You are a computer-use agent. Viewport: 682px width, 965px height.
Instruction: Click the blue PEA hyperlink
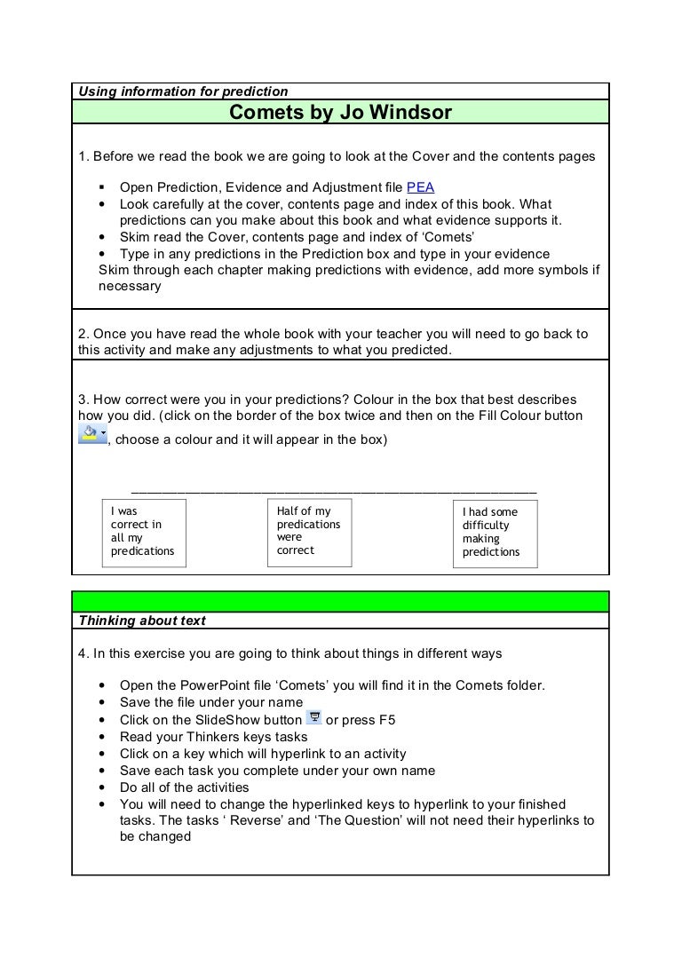(x=421, y=187)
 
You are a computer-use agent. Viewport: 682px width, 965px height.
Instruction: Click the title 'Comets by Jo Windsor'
(x=340, y=113)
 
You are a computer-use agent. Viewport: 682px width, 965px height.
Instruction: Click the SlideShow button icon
(x=313, y=718)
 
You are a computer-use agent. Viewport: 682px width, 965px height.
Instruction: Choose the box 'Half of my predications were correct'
(x=310, y=532)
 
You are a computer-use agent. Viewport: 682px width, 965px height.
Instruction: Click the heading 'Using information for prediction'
(x=184, y=91)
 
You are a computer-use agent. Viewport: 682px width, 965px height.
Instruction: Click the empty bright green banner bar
(x=340, y=602)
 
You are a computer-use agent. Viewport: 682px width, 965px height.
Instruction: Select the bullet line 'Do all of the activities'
(x=185, y=787)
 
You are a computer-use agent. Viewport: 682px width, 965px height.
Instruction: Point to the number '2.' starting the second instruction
(x=83, y=334)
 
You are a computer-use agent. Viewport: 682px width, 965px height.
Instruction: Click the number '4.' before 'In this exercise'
(x=83, y=653)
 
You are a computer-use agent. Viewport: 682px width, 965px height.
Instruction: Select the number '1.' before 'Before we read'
(x=83, y=157)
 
